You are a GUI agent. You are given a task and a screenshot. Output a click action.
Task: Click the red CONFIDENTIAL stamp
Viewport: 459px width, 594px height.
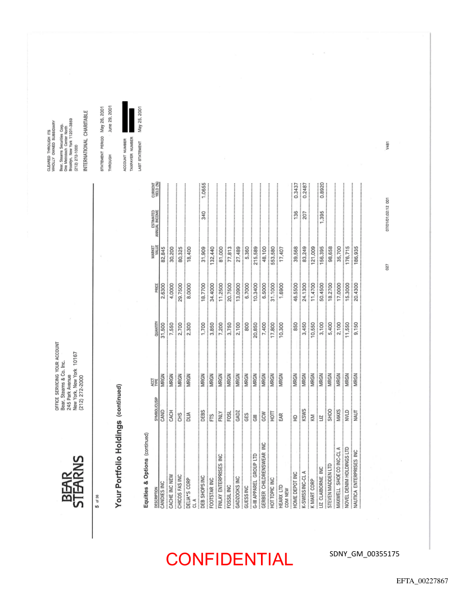pos(229,559)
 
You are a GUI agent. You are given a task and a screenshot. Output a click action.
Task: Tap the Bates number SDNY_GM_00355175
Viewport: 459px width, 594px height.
pos(364,554)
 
